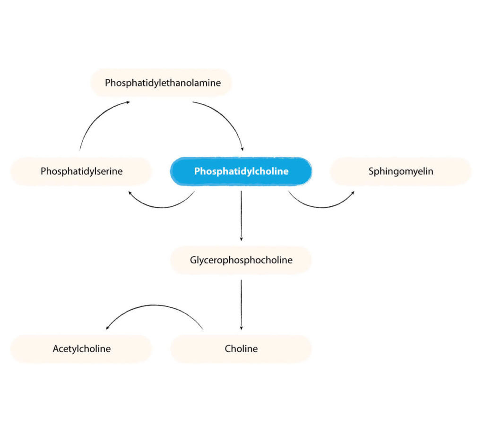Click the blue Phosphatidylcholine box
(241, 171)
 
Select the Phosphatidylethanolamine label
(163, 83)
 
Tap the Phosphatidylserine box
(81, 171)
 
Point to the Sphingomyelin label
(401, 171)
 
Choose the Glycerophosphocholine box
(241, 260)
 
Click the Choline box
(241, 349)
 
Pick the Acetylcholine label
(81, 349)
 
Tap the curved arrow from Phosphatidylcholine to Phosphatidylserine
(162, 208)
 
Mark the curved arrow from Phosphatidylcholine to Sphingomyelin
(322, 208)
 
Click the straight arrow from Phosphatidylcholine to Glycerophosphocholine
(241, 216)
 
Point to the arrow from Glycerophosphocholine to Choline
(241, 305)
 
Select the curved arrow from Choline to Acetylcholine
(154, 305)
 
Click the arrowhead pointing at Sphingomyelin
(353, 193)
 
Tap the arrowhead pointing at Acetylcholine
(107, 328)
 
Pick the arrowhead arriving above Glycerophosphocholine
(241, 239)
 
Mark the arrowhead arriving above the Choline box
(241, 328)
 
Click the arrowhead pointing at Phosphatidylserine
(130, 193)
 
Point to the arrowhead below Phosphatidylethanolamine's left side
(128, 102)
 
